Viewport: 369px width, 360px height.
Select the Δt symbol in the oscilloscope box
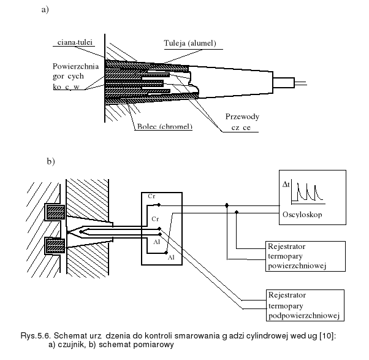point(285,184)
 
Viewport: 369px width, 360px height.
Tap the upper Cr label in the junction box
point(151,196)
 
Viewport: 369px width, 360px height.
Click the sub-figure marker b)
point(51,162)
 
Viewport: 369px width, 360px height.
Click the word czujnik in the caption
point(73,343)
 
